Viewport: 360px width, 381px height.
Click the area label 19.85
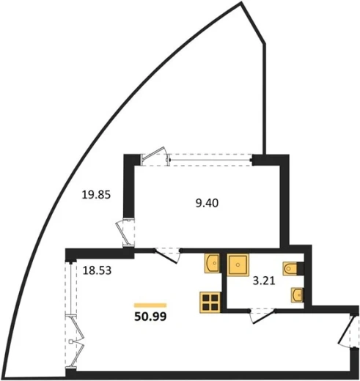click(96, 195)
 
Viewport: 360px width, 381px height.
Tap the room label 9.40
click(207, 203)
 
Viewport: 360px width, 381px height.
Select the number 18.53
click(97, 270)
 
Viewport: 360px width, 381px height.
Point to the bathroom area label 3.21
click(264, 281)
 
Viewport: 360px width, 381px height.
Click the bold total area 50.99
click(150, 317)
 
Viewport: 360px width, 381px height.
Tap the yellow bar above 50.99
click(150, 305)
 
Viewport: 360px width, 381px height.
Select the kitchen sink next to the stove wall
click(212, 263)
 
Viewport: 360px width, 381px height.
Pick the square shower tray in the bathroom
click(238, 265)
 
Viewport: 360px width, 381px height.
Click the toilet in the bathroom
click(290, 269)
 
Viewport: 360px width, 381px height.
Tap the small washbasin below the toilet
click(297, 295)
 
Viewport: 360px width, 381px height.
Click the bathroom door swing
click(262, 316)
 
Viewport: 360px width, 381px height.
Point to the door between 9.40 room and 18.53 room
click(167, 256)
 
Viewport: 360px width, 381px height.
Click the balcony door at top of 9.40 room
click(155, 155)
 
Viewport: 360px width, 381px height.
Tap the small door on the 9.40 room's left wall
click(125, 233)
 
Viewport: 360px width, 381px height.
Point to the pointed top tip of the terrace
click(241, 3)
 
